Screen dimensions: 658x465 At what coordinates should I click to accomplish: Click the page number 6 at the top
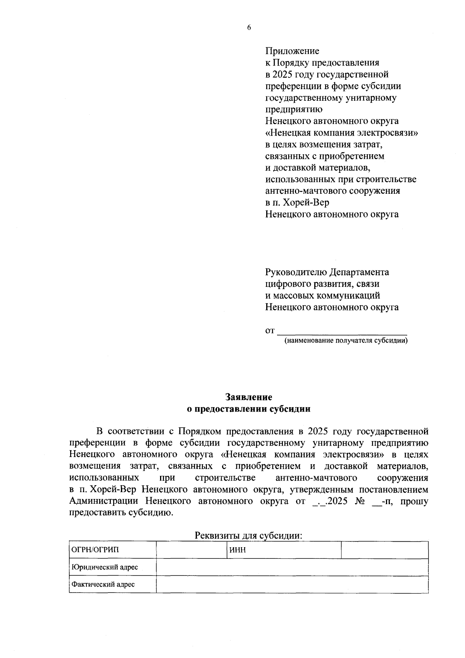(x=249, y=28)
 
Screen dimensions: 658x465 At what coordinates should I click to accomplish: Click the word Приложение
(x=292, y=51)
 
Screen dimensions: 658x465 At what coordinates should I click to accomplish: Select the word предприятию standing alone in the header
(x=294, y=110)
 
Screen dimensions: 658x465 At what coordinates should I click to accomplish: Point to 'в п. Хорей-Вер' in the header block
(x=297, y=203)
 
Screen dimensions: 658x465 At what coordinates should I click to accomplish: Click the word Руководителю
(x=296, y=272)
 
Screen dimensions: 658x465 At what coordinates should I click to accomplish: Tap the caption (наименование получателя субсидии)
(x=346, y=341)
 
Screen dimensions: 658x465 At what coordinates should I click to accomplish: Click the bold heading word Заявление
(x=249, y=397)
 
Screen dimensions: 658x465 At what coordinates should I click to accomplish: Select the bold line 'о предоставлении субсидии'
(x=249, y=409)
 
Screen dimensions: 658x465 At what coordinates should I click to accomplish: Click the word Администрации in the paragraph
(x=103, y=501)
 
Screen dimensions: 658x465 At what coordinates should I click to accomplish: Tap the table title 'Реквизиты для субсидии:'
(x=248, y=536)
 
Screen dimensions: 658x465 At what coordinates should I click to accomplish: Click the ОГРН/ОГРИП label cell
(x=112, y=550)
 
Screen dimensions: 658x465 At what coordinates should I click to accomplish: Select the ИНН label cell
(x=284, y=550)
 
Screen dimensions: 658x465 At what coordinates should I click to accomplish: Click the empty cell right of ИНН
(x=384, y=550)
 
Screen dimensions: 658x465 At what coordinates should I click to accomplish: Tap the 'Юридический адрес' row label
(x=112, y=567)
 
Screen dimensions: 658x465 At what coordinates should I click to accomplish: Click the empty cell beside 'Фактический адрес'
(x=292, y=584)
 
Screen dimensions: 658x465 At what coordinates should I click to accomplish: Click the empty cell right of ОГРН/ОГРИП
(x=191, y=550)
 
